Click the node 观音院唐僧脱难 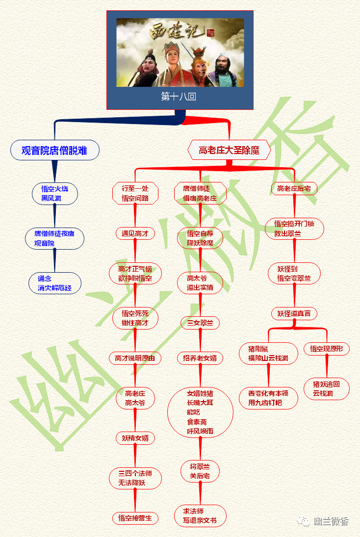(54, 150)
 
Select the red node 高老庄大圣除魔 (229, 150)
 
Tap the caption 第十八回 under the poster (179, 97)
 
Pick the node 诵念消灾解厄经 (54, 283)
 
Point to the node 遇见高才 (135, 233)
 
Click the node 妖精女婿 (135, 438)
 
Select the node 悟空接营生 (135, 518)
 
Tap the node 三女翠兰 (200, 323)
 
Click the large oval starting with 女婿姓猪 (200, 412)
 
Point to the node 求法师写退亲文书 (200, 516)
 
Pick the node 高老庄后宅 (294, 188)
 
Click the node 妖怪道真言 (294, 313)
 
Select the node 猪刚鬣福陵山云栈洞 (268, 354)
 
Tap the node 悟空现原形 (327, 349)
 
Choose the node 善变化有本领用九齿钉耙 (268, 398)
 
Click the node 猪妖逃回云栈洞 (327, 388)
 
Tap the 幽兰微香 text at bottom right (331, 521)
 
